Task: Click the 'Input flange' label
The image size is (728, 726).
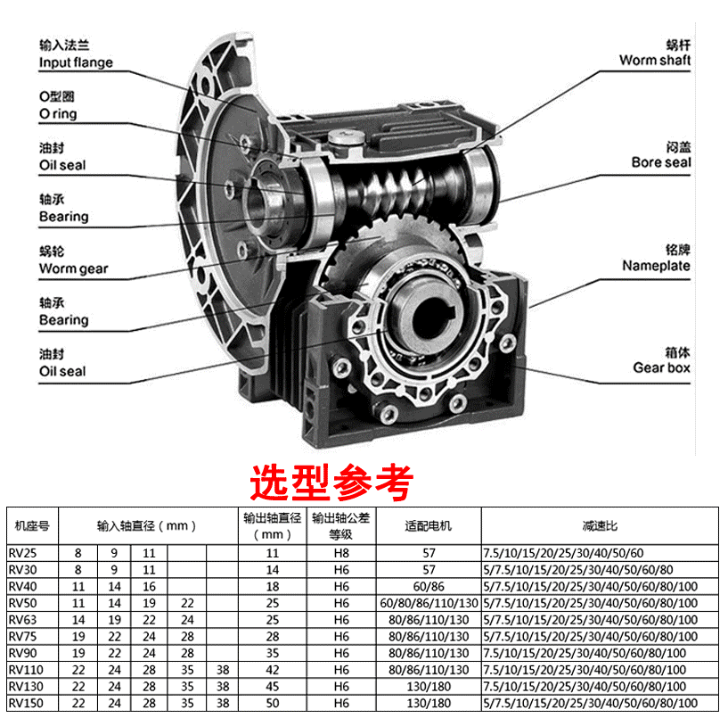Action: (x=76, y=62)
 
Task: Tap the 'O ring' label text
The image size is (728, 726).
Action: (x=58, y=114)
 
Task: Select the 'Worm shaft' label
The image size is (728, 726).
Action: (x=655, y=60)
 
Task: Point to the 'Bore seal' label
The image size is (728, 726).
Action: (x=661, y=162)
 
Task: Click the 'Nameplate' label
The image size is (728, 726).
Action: (x=656, y=266)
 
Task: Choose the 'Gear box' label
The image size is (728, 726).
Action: (x=661, y=367)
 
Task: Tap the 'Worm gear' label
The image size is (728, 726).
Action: (x=73, y=268)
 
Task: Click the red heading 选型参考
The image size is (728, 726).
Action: (x=331, y=482)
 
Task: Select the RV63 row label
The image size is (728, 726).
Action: (x=22, y=620)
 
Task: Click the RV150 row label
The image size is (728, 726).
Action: (x=26, y=703)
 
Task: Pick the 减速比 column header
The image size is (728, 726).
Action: (x=600, y=525)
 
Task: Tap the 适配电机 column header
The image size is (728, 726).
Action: (x=428, y=525)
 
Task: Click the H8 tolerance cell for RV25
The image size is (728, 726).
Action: (x=341, y=553)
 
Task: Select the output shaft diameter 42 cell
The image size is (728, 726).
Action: (x=273, y=670)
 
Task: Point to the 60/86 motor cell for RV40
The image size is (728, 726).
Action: (x=429, y=587)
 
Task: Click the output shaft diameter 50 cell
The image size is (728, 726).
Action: (x=273, y=703)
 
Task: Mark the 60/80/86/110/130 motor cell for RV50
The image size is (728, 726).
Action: (x=429, y=603)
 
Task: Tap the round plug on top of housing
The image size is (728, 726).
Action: (x=344, y=137)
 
